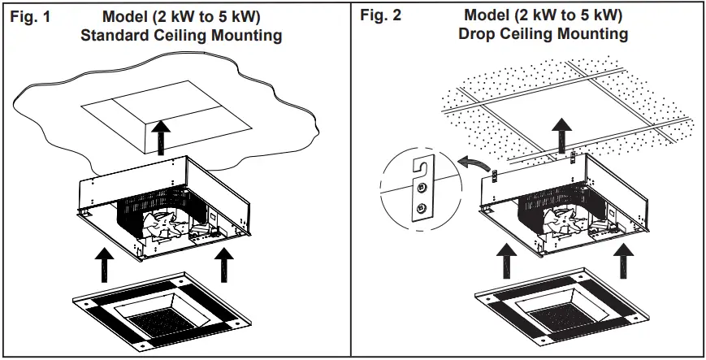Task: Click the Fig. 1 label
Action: click(x=30, y=16)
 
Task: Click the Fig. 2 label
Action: click(x=384, y=15)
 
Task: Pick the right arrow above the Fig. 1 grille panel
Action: click(x=224, y=261)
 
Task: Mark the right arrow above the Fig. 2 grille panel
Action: click(x=624, y=261)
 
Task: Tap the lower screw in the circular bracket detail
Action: click(x=420, y=209)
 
